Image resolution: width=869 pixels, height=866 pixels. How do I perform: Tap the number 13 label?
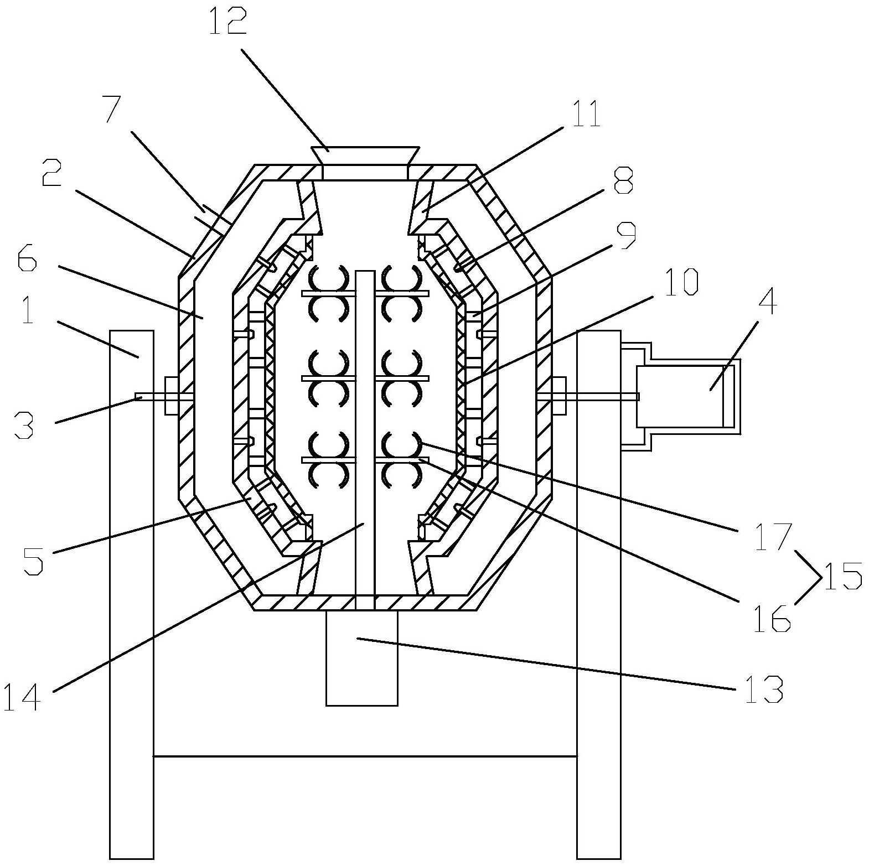pyautogui.click(x=764, y=689)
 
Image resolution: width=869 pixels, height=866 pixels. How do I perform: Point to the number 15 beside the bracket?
pyautogui.click(x=843, y=575)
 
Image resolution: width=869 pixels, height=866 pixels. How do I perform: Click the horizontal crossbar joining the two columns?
pyautogui.click(x=365, y=755)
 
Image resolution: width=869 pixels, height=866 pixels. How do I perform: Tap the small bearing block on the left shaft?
pyautogui.click(x=171, y=396)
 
